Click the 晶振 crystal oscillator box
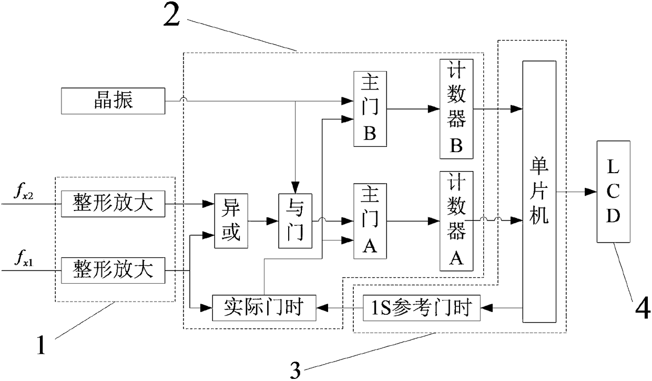[113, 101]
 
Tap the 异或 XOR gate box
[230, 220]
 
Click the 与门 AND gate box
[295, 220]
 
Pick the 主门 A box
[370, 221]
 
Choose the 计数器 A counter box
[456, 220]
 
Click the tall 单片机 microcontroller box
[539, 191]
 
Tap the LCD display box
[613, 192]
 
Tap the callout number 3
[296, 370]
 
